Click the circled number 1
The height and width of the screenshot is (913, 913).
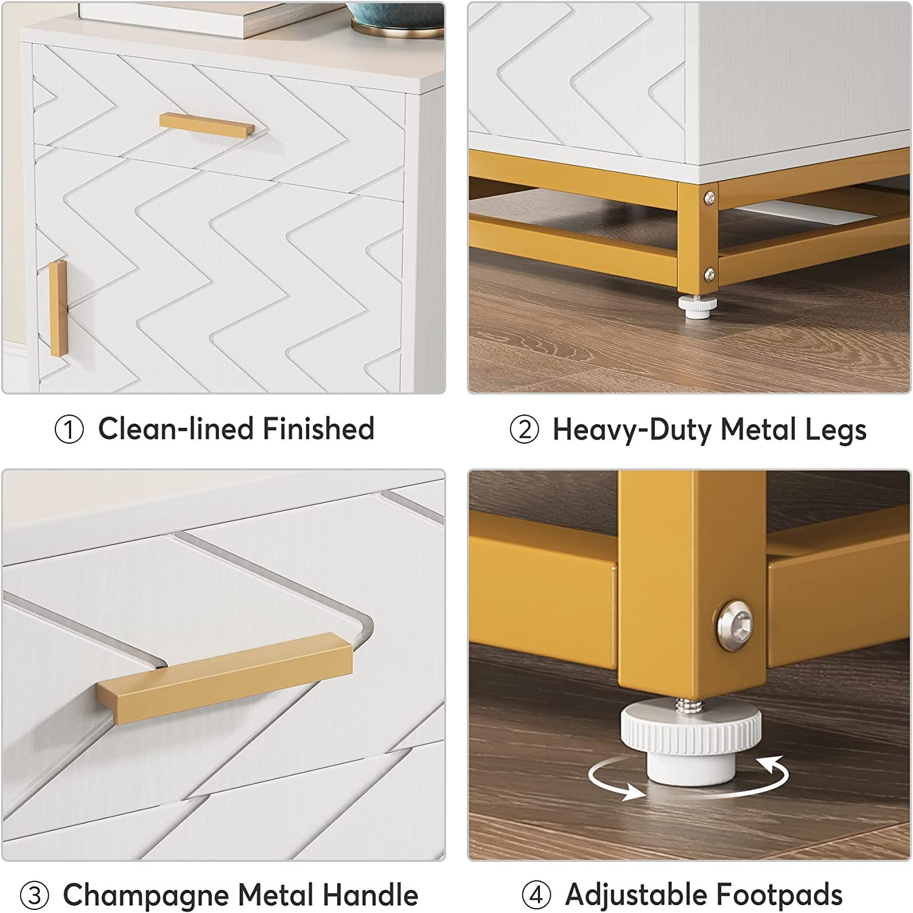[x=69, y=430]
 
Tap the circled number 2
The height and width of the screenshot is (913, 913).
[x=524, y=430]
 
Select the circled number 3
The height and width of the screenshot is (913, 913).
[x=34, y=896]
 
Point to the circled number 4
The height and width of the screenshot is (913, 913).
[x=536, y=895]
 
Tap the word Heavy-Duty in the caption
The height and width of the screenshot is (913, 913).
[x=632, y=430]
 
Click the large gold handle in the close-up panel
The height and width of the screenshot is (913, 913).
[x=225, y=678]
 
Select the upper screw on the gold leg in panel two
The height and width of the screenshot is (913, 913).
[x=709, y=197]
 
